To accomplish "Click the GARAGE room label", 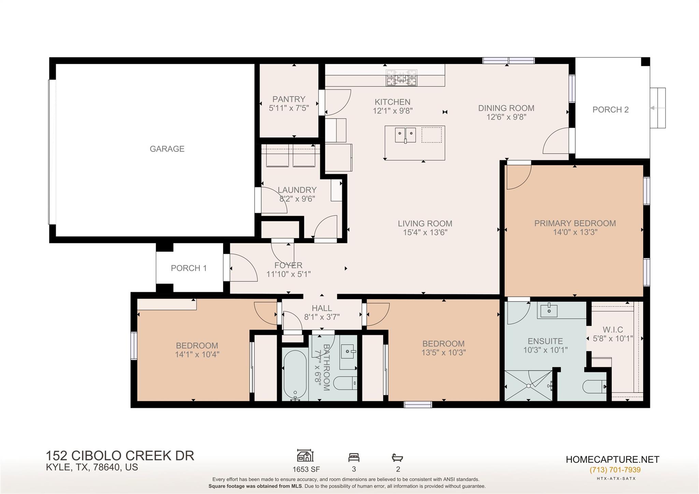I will (167, 149).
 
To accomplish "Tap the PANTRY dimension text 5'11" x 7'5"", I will (289, 108).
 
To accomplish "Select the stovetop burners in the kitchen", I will (401, 77).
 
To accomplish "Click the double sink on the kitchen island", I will (405, 135).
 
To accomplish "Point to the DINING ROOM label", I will (506, 108).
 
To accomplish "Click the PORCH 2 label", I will (610, 110).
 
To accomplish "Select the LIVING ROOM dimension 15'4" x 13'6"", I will (425, 232).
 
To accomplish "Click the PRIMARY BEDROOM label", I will (575, 223).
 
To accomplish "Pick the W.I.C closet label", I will (613, 330).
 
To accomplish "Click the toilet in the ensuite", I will (594, 386).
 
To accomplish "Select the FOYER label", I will (288, 265).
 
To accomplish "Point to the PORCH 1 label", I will (189, 268).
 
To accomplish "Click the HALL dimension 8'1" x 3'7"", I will (322, 317).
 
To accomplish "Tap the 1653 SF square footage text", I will (306, 469).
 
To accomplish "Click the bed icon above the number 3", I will (354, 457).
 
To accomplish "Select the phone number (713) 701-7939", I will (615, 470).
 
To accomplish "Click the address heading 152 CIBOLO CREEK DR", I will (120, 456).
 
